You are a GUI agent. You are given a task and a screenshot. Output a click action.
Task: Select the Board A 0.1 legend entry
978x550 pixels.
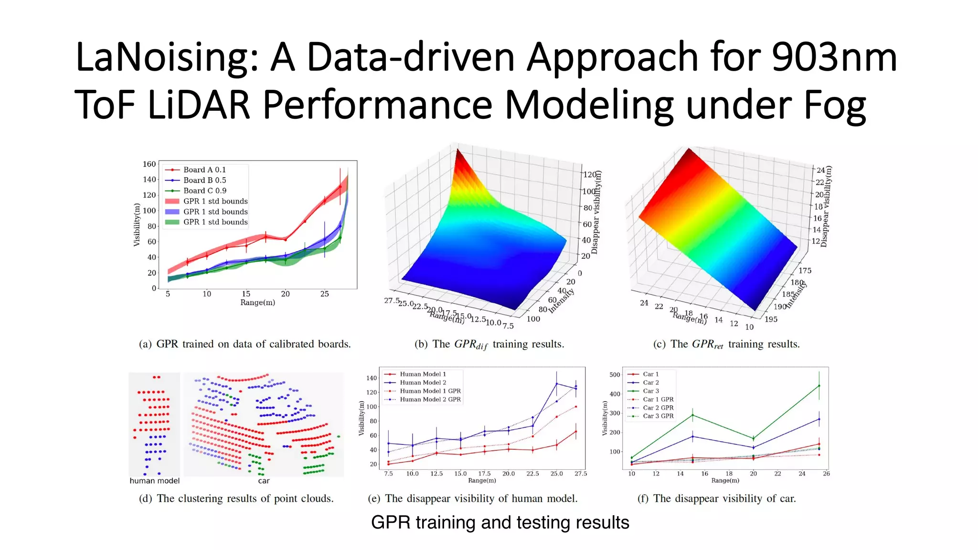pos(204,169)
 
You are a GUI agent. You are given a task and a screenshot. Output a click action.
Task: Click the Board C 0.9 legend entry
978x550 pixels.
pos(205,190)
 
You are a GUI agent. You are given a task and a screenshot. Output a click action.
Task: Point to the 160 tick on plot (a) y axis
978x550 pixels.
pos(149,164)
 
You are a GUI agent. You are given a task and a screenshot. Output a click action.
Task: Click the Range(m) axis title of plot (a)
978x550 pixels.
pos(257,303)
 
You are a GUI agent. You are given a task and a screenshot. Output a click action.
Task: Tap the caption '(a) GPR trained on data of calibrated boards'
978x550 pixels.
pos(244,344)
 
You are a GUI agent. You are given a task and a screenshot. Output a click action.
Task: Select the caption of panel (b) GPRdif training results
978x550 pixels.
pos(489,344)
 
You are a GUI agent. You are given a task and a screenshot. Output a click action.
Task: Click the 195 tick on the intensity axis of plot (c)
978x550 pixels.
pos(771,319)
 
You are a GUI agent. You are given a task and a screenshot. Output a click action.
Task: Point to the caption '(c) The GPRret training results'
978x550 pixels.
pos(726,344)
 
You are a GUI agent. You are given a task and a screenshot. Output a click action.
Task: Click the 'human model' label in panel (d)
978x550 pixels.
pos(154,481)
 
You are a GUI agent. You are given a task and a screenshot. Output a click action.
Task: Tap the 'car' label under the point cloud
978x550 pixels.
pos(264,481)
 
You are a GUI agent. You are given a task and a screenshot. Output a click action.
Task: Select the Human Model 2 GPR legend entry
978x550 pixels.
pos(430,400)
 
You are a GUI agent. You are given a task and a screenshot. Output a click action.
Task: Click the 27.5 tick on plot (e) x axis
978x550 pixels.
pos(581,474)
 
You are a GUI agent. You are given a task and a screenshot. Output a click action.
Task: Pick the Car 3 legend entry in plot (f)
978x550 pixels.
pos(650,391)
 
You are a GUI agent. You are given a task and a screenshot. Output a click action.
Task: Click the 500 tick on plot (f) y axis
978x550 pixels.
pos(615,375)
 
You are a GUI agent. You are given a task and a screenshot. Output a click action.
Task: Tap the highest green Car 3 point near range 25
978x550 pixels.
pos(819,386)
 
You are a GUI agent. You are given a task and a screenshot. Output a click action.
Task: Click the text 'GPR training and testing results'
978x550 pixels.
pos(500,523)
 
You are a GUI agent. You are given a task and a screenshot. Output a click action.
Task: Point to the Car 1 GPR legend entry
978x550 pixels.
pos(658,400)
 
